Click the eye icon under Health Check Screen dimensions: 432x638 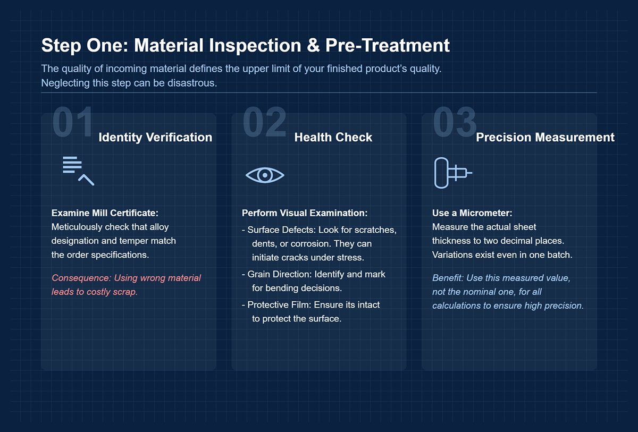point(265,175)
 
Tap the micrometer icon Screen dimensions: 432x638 point(452,173)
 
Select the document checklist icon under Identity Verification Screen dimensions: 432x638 point(78,171)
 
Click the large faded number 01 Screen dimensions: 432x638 point(73,123)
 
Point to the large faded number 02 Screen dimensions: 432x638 point(264,123)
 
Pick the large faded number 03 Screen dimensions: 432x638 point(455,123)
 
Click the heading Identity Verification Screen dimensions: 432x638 point(155,137)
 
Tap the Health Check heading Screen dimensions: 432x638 point(333,137)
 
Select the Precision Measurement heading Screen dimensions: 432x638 point(545,137)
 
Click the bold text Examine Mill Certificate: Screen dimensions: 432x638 point(105,213)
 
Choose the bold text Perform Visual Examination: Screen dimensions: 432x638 point(305,213)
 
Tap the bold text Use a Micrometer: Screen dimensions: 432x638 point(472,213)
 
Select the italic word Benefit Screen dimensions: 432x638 point(448,278)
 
